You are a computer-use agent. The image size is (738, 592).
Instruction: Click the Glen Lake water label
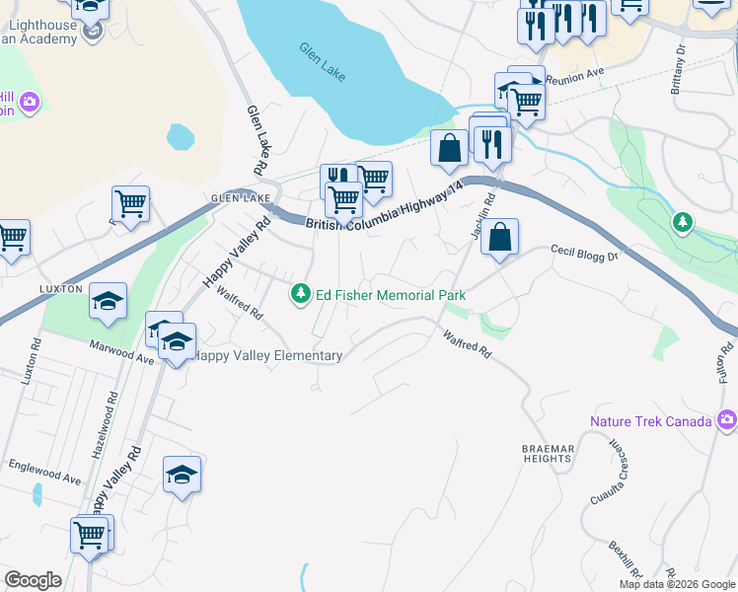coord(322,61)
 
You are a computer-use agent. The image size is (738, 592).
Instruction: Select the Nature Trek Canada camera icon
coord(728,421)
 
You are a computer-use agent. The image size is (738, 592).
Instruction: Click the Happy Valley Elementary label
coord(269,356)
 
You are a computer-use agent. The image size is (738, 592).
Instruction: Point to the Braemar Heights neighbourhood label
coord(548,455)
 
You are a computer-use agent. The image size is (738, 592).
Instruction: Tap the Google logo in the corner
coord(33,580)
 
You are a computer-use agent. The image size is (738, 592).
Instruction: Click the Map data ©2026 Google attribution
coord(676,584)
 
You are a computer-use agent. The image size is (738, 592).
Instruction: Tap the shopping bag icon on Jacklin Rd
coord(500,238)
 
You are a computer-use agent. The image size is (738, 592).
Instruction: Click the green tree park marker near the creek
coord(682,223)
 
